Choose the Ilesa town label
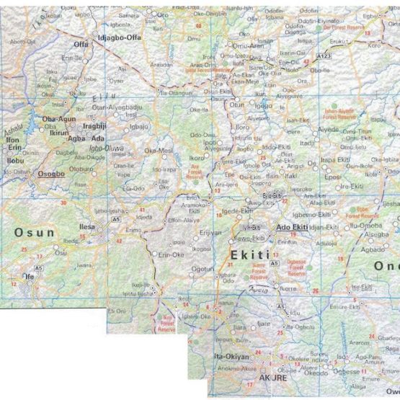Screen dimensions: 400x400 tap(86, 226)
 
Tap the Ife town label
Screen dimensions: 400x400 tap(29, 276)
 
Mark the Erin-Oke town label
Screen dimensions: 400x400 tap(172, 255)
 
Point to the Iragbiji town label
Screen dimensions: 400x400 tap(95, 125)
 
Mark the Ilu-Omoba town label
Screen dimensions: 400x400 tap(360, 226)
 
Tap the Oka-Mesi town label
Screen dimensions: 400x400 tap(159, 151)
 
